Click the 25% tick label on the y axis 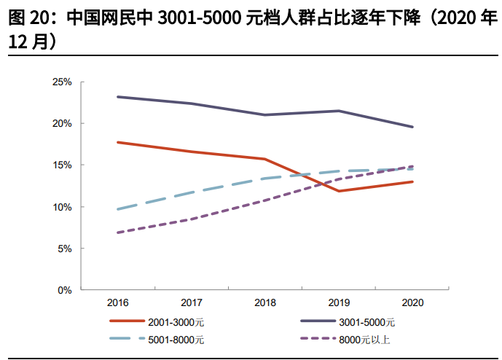tap(61, 82)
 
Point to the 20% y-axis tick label tap(61, 124)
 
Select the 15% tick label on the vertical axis tap(61, 165)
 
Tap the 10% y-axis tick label tap(61, 207)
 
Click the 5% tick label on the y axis tap(63, 249)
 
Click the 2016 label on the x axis tap(118, 302)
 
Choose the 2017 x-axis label tap(192, 302)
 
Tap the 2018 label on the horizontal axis tap(265, 302)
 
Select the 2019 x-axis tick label tap(339, 302)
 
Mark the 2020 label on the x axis tap(412, 302)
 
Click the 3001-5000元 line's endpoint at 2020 tap(413, 127)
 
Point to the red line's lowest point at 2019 tap(339, 191)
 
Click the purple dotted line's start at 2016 tap(118, 232)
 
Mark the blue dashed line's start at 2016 tap(118, 209)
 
